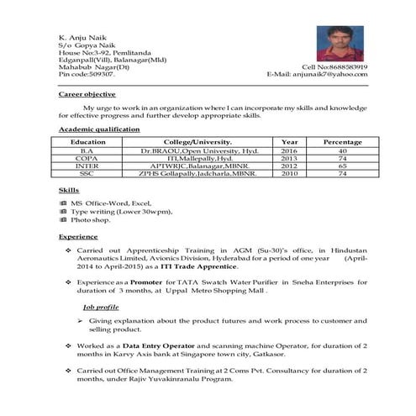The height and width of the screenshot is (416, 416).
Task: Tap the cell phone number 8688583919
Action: click(x=344, y=66)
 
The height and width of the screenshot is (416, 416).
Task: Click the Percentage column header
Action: click(x=342, y=142)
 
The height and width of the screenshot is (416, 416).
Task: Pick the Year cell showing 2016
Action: click(x=289, y=150)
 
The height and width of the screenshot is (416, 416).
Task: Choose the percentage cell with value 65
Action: click(x=342, y=166)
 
